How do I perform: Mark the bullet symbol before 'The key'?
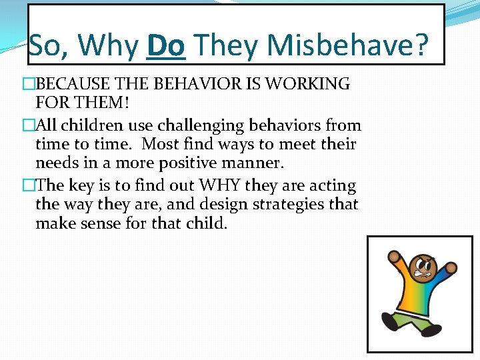[27, 186]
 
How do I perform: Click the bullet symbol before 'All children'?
[27, 125]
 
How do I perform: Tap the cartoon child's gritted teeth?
[423, 273]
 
